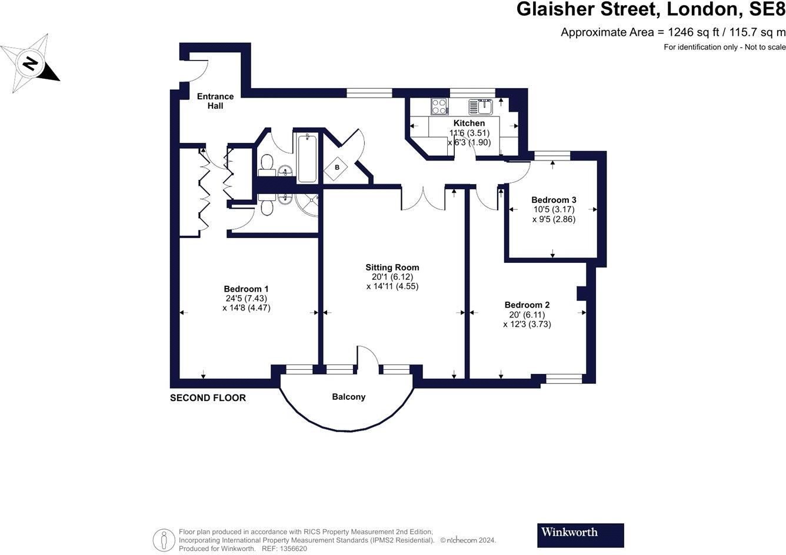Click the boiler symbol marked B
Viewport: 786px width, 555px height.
(337, 168)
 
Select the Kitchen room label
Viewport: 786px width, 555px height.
(469, 123)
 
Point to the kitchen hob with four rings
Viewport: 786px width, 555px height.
(439, 106)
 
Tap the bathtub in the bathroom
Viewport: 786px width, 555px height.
(308, 158)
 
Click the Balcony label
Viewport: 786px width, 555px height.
(348, 397)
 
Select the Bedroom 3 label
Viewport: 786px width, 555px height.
(553, 200)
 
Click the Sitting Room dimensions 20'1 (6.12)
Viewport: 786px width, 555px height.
(392, 277)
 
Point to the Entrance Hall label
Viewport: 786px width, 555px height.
(215, 101)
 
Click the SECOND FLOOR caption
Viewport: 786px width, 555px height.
(208, 398)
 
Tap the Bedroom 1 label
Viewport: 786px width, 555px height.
(246, 289)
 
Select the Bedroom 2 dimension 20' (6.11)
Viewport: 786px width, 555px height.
(527, 315)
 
